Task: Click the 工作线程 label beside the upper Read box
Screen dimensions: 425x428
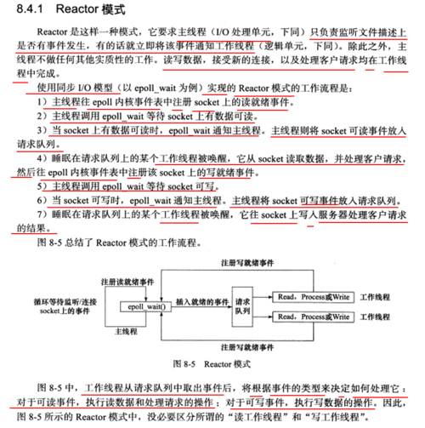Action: (x=378, y=297)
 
